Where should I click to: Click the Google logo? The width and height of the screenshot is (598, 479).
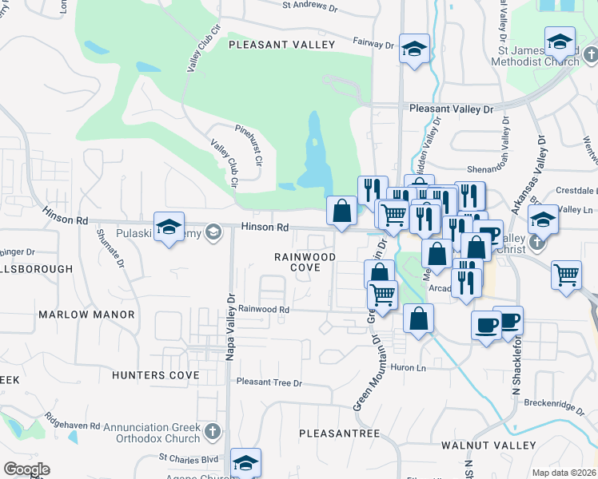(26, 469)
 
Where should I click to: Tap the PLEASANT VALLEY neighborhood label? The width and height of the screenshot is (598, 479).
(281, 45)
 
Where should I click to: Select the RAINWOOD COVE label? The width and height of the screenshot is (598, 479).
(304, 262)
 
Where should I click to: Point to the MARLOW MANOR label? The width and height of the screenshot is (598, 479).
(86, 315)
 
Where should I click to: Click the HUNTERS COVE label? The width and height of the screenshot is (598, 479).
(155, 374)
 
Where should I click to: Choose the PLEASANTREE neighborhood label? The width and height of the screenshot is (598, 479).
(339, 433)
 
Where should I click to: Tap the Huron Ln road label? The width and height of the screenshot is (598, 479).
(408, 367)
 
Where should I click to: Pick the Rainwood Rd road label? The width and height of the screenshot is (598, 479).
(263, 309)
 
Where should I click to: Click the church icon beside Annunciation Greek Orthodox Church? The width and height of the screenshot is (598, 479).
(212, 431)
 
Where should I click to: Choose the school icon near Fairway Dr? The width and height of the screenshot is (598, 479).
(414, 48)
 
